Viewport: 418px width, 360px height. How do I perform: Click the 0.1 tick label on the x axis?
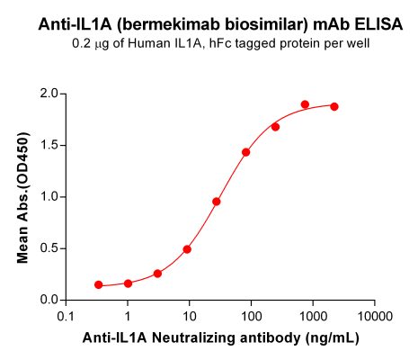[x=66, y=318]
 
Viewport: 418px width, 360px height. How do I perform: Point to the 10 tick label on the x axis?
[x=189, y=318]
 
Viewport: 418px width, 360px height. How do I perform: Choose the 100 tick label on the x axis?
[x=251, y=318]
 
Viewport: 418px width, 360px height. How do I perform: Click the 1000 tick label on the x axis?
[x=313, y=318]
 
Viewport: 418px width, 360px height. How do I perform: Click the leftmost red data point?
[x=98, y=284]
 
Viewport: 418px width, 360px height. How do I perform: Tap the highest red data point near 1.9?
[x=305, y=104]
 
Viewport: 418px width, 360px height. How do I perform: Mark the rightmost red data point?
[x=334, y=106]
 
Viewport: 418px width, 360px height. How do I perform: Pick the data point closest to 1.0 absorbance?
[x=217, y=202]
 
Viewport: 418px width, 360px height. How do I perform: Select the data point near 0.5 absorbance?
[x=187, y=249]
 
